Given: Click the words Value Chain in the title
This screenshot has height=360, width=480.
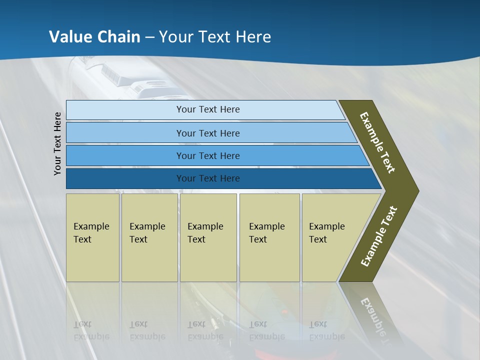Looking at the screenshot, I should (94, 37).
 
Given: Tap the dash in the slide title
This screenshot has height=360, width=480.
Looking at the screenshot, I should (149, 37).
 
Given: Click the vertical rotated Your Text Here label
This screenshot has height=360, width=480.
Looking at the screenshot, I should (57, 143).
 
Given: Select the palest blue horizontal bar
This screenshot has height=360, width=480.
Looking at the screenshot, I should (205, 110).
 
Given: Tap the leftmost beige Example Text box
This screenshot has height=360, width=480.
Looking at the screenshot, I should (92, 237).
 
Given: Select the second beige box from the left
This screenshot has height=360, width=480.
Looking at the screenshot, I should (149, 237).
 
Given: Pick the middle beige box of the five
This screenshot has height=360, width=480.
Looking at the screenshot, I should (208, 237).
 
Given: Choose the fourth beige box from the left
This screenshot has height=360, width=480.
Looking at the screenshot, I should (269, 237).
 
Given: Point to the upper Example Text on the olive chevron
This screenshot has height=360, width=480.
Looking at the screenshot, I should (377, 142).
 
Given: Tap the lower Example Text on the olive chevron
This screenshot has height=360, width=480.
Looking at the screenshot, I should (379, 236).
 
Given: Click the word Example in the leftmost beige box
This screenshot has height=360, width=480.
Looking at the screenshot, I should (91, 226).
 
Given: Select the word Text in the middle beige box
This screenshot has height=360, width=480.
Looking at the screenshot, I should (196, 239).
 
